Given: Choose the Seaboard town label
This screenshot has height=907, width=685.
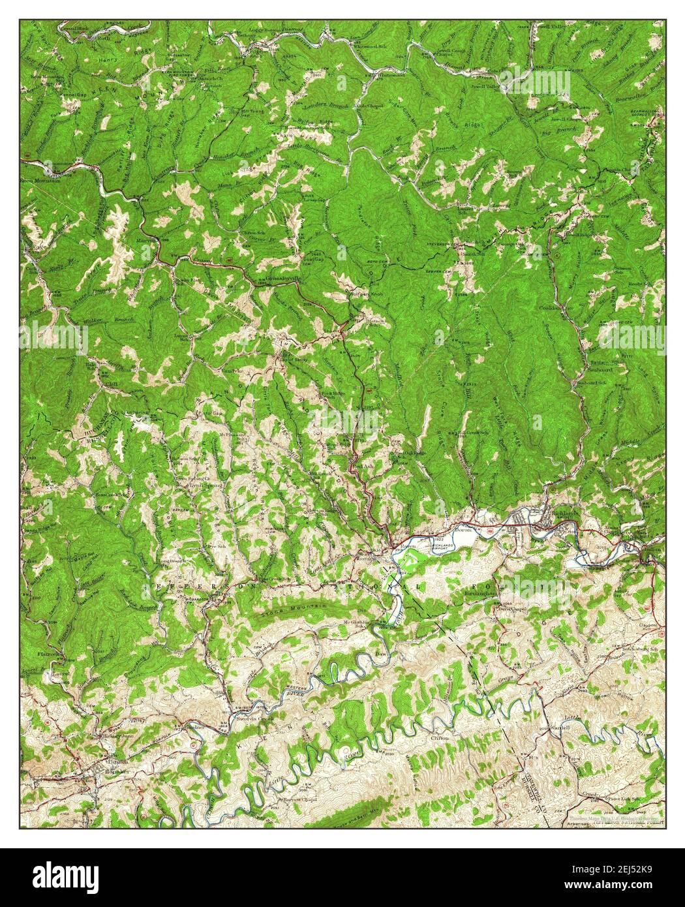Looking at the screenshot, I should [598, 369].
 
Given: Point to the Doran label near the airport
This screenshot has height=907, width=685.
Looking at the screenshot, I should [463, 530].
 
